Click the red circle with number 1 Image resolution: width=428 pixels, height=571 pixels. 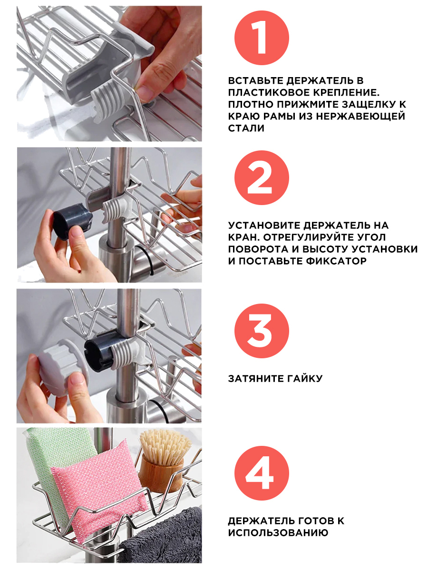coord(262,38)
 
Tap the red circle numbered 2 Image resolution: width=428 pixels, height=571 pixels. coord(262,177)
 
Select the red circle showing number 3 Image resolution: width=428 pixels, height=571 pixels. coord(262,331)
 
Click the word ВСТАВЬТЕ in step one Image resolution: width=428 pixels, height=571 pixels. coord(255,80)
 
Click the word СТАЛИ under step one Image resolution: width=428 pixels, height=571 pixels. coord(246,128)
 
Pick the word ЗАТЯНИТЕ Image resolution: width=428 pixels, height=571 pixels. coord(256,378)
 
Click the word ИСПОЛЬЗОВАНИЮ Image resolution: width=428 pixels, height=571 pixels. coord(278,533)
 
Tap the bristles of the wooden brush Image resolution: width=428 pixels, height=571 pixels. coord(165,446)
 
